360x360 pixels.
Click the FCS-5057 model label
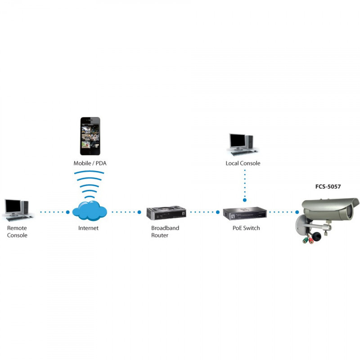(x=328, y=186)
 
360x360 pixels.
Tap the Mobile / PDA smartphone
(x=90, y=136)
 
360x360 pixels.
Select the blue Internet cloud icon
(x=90, y=211)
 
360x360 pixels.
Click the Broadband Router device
(x=166, y=213)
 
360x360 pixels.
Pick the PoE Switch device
(x=245, y=213)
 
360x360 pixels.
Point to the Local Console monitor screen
(x=238, y=140)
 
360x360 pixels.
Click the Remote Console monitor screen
(x=13, y=206)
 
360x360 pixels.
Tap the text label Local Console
(x=243, y=163)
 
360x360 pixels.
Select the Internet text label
(x=88, y=228)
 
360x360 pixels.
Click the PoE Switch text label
(x=246, y=228)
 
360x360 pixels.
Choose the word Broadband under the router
(x=165, y=228)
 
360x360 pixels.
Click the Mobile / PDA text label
(x=90, y=163)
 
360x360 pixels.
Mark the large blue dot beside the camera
(x=297, y=212)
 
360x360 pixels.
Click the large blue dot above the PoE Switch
(x=245, y=200)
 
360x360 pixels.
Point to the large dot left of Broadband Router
(x=139, y=212)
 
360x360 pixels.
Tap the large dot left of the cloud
(x=68, y=212)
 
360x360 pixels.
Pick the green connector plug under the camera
(x=305, y=240)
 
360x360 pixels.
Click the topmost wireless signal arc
(x=89, y=172)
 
